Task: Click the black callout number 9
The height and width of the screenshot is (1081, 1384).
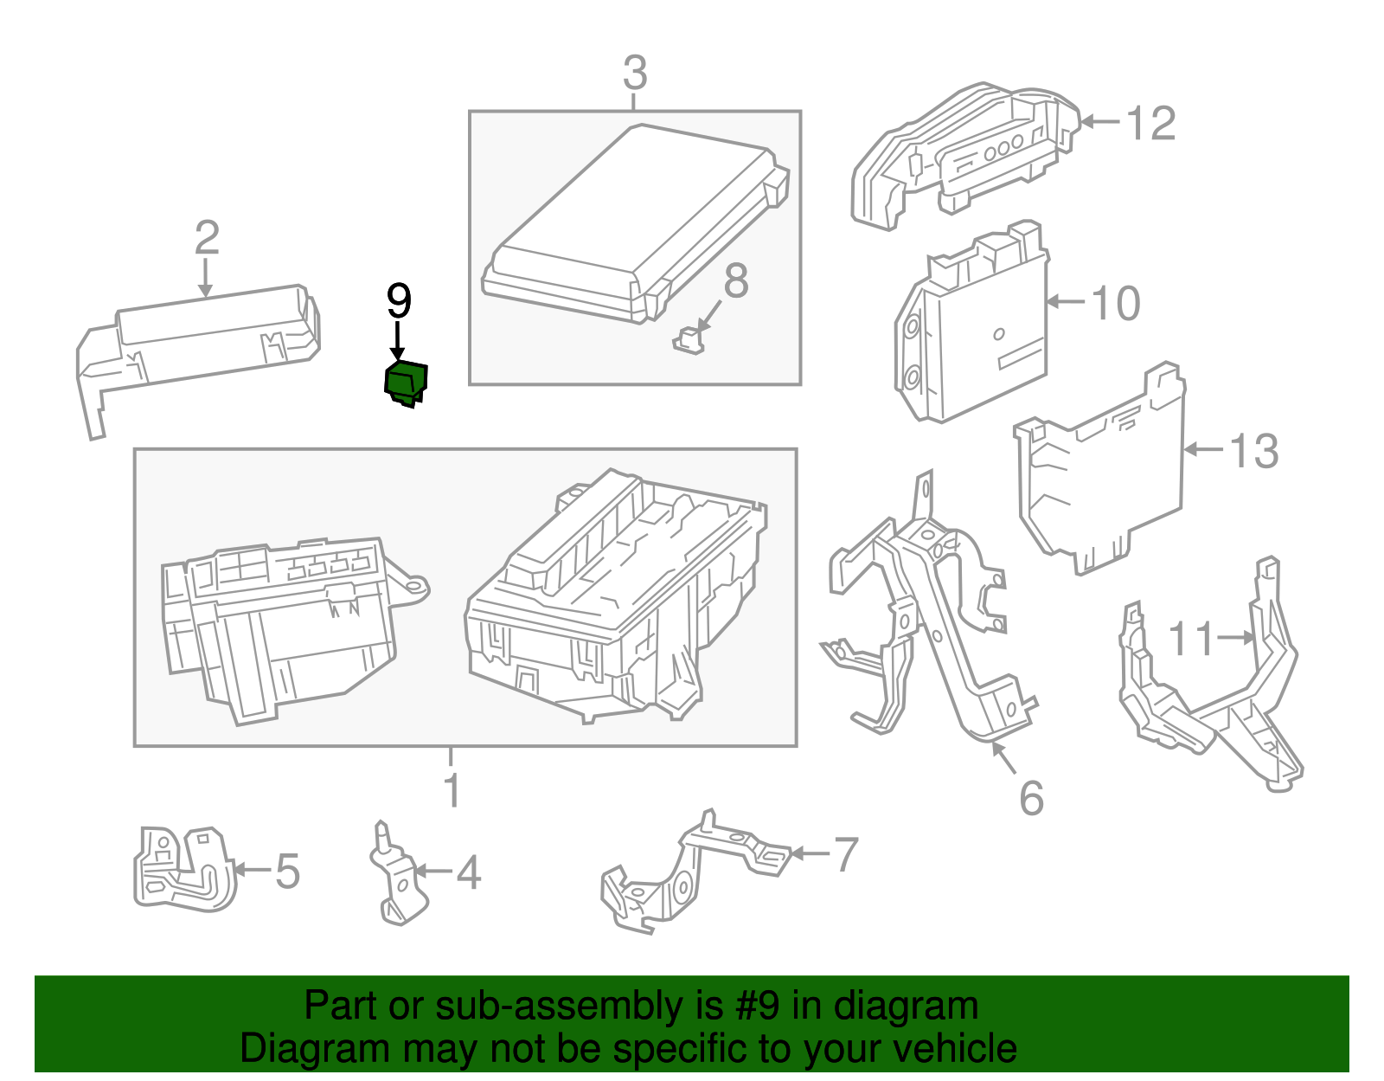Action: [399, 302]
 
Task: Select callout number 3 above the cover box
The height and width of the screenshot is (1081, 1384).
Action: [634, 74]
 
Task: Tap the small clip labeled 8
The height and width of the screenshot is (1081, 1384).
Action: [688, 340]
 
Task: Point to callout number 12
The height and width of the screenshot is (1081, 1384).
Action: [1151, 124]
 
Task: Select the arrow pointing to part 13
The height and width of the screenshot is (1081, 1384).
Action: [1203, 449]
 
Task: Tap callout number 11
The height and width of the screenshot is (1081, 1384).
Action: [1191, 640]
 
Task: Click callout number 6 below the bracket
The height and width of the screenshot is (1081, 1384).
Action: [1031, 798]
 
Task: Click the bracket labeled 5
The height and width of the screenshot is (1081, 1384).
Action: [183, 869]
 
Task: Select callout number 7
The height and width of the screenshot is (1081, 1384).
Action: [845, 854]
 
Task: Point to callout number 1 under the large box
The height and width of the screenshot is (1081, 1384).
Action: [452, 790]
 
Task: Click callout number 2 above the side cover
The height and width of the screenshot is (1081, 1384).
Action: [206, 238]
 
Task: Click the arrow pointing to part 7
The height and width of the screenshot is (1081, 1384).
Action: [809, 853]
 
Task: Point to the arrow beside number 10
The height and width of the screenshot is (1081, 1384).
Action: [1066, 302]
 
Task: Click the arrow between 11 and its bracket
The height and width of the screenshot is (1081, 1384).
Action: [1236, 638]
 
